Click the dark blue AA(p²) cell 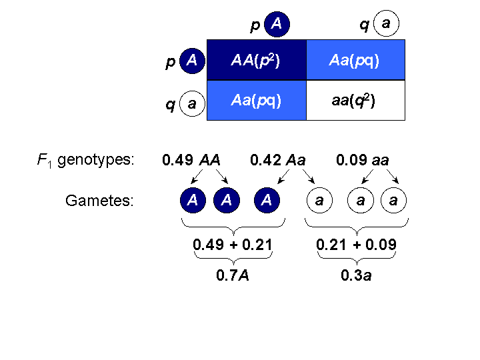click(x=257, y=61)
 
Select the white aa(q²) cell click(x=355, y=101)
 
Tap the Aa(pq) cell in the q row click(x=257, y=101)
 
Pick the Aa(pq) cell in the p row click(x=355, y=61)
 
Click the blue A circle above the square click(x=277, y=25)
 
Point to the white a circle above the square click(x=386, y=25)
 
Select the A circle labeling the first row click(x=192, y=61)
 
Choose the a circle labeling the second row click(x=192, y=104)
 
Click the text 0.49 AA click(x=191, y=160)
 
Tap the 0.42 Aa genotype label click(x=278, y=160)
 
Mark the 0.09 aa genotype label click(x=363, y=160)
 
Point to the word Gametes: click(x=100, y=200)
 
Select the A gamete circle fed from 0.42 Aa click(x=267, y=200)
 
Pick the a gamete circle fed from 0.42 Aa click(x=319, y=200)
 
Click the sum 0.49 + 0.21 click(x=233, y=245)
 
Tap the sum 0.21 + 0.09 click(x=356, y=245)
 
